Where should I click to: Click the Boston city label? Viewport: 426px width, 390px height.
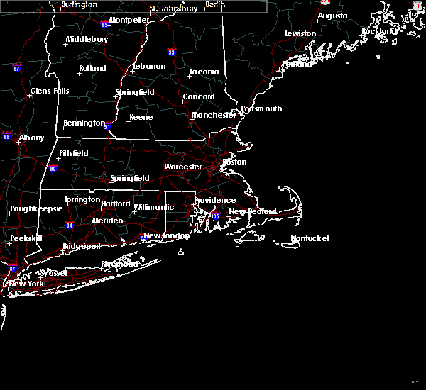tap(235, 162)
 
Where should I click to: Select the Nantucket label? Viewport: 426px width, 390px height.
tap(310, 239)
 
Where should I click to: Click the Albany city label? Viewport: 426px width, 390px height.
tap(31, 138)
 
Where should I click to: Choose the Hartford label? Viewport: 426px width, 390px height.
tap(116, 204)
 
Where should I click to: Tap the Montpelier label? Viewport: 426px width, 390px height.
tap(129, 20)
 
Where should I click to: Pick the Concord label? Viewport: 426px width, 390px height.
tap(199, 97)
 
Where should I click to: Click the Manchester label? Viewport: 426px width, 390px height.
tap(214, 115)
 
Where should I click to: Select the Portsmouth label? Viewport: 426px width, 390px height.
tap(261, 109)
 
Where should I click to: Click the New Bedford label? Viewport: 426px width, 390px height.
tap(246, 212)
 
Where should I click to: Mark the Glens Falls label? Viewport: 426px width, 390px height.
tap(50, 91)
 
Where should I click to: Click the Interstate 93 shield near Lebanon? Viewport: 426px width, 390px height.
tap(171, 52)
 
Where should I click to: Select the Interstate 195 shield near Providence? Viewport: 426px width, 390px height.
tap(215, 216)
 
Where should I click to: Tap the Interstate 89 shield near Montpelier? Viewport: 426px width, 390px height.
tap(104, 23)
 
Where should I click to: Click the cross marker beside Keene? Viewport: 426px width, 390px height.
tap(128, 121)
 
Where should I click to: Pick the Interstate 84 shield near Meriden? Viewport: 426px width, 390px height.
tap(70, 225)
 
